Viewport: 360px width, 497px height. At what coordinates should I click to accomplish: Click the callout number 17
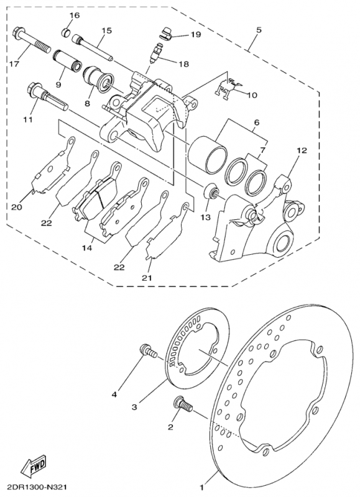[14, 64]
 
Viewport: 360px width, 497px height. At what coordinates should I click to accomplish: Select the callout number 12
[302, 150]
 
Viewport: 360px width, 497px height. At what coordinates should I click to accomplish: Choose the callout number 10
[252, 96]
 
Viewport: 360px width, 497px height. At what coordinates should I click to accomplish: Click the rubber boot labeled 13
[213, 191]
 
